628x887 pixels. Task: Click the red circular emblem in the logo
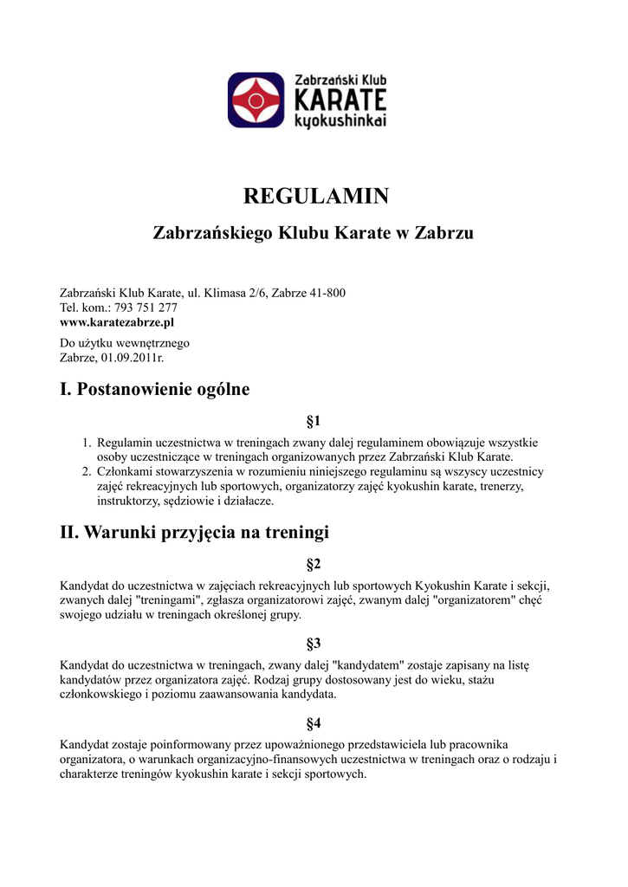(256, 100)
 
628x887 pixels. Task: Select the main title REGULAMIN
(314, 197)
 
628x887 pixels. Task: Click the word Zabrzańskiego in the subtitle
(211, 233)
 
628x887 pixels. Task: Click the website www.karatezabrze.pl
(117, 322)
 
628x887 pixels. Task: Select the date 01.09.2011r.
(133, 357)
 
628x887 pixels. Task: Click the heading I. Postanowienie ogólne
(154, 390)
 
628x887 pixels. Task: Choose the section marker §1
(314, 422)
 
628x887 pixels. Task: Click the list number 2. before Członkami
(87, 472)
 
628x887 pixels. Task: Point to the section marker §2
(314, 565)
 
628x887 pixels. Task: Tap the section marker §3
(314, 644)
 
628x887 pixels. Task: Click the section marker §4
(314, 723)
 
